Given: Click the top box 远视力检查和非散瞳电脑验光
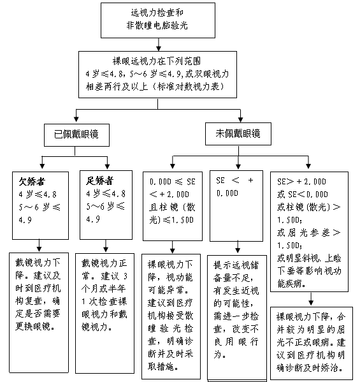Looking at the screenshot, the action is [x=158, y=20].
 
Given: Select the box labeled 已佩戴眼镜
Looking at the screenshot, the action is [x=76, y=135].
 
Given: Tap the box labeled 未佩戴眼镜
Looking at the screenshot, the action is [x=238, y=134].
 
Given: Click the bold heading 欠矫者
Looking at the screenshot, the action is [x=32, y=181].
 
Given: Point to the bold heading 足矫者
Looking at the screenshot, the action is [x=99, y=180].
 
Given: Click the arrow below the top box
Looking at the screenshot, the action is [x=159, y=45].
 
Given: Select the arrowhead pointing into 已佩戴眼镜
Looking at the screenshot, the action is [x=76, y=119].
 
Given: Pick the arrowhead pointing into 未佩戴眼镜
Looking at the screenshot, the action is [x=240, y=119].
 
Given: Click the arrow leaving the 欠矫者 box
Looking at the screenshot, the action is [x=39, y=246].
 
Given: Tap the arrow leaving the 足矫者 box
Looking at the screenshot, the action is [x=106, y=246].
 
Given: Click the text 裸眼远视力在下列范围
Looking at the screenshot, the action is [x=157, y=61].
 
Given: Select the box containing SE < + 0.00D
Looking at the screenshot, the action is [x=236, y=206].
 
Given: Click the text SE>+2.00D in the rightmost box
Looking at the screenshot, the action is [x=301, y=182].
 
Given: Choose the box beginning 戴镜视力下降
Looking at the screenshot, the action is [x=39, y=312].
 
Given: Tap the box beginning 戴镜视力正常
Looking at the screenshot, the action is [x=104, y=313].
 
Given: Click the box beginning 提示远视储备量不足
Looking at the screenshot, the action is [x=237, y=318].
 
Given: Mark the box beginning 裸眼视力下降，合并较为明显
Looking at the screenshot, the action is [x=312, y=343].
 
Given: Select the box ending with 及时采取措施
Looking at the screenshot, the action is [x=171, y=316].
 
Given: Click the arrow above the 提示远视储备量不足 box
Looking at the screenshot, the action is [x=238, y=247].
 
